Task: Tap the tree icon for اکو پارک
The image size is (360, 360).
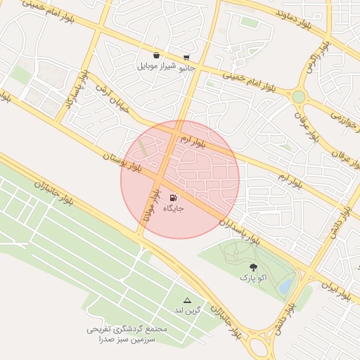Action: (x=253, y=267)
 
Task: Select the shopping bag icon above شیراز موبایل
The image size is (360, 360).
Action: (x=155, y=55)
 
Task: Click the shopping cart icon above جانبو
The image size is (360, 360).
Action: (x=186, y=58)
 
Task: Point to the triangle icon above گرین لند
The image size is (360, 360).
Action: (x=187, y=300)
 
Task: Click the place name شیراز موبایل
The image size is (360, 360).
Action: (x=155, y=66)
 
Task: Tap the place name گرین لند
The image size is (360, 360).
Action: (x=188, y=310)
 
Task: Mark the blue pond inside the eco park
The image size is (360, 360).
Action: (x=285, y=286)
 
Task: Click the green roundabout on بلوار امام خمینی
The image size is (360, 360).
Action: (x=300, y=96)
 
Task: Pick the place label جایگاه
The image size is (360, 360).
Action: (x=173, y=210)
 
